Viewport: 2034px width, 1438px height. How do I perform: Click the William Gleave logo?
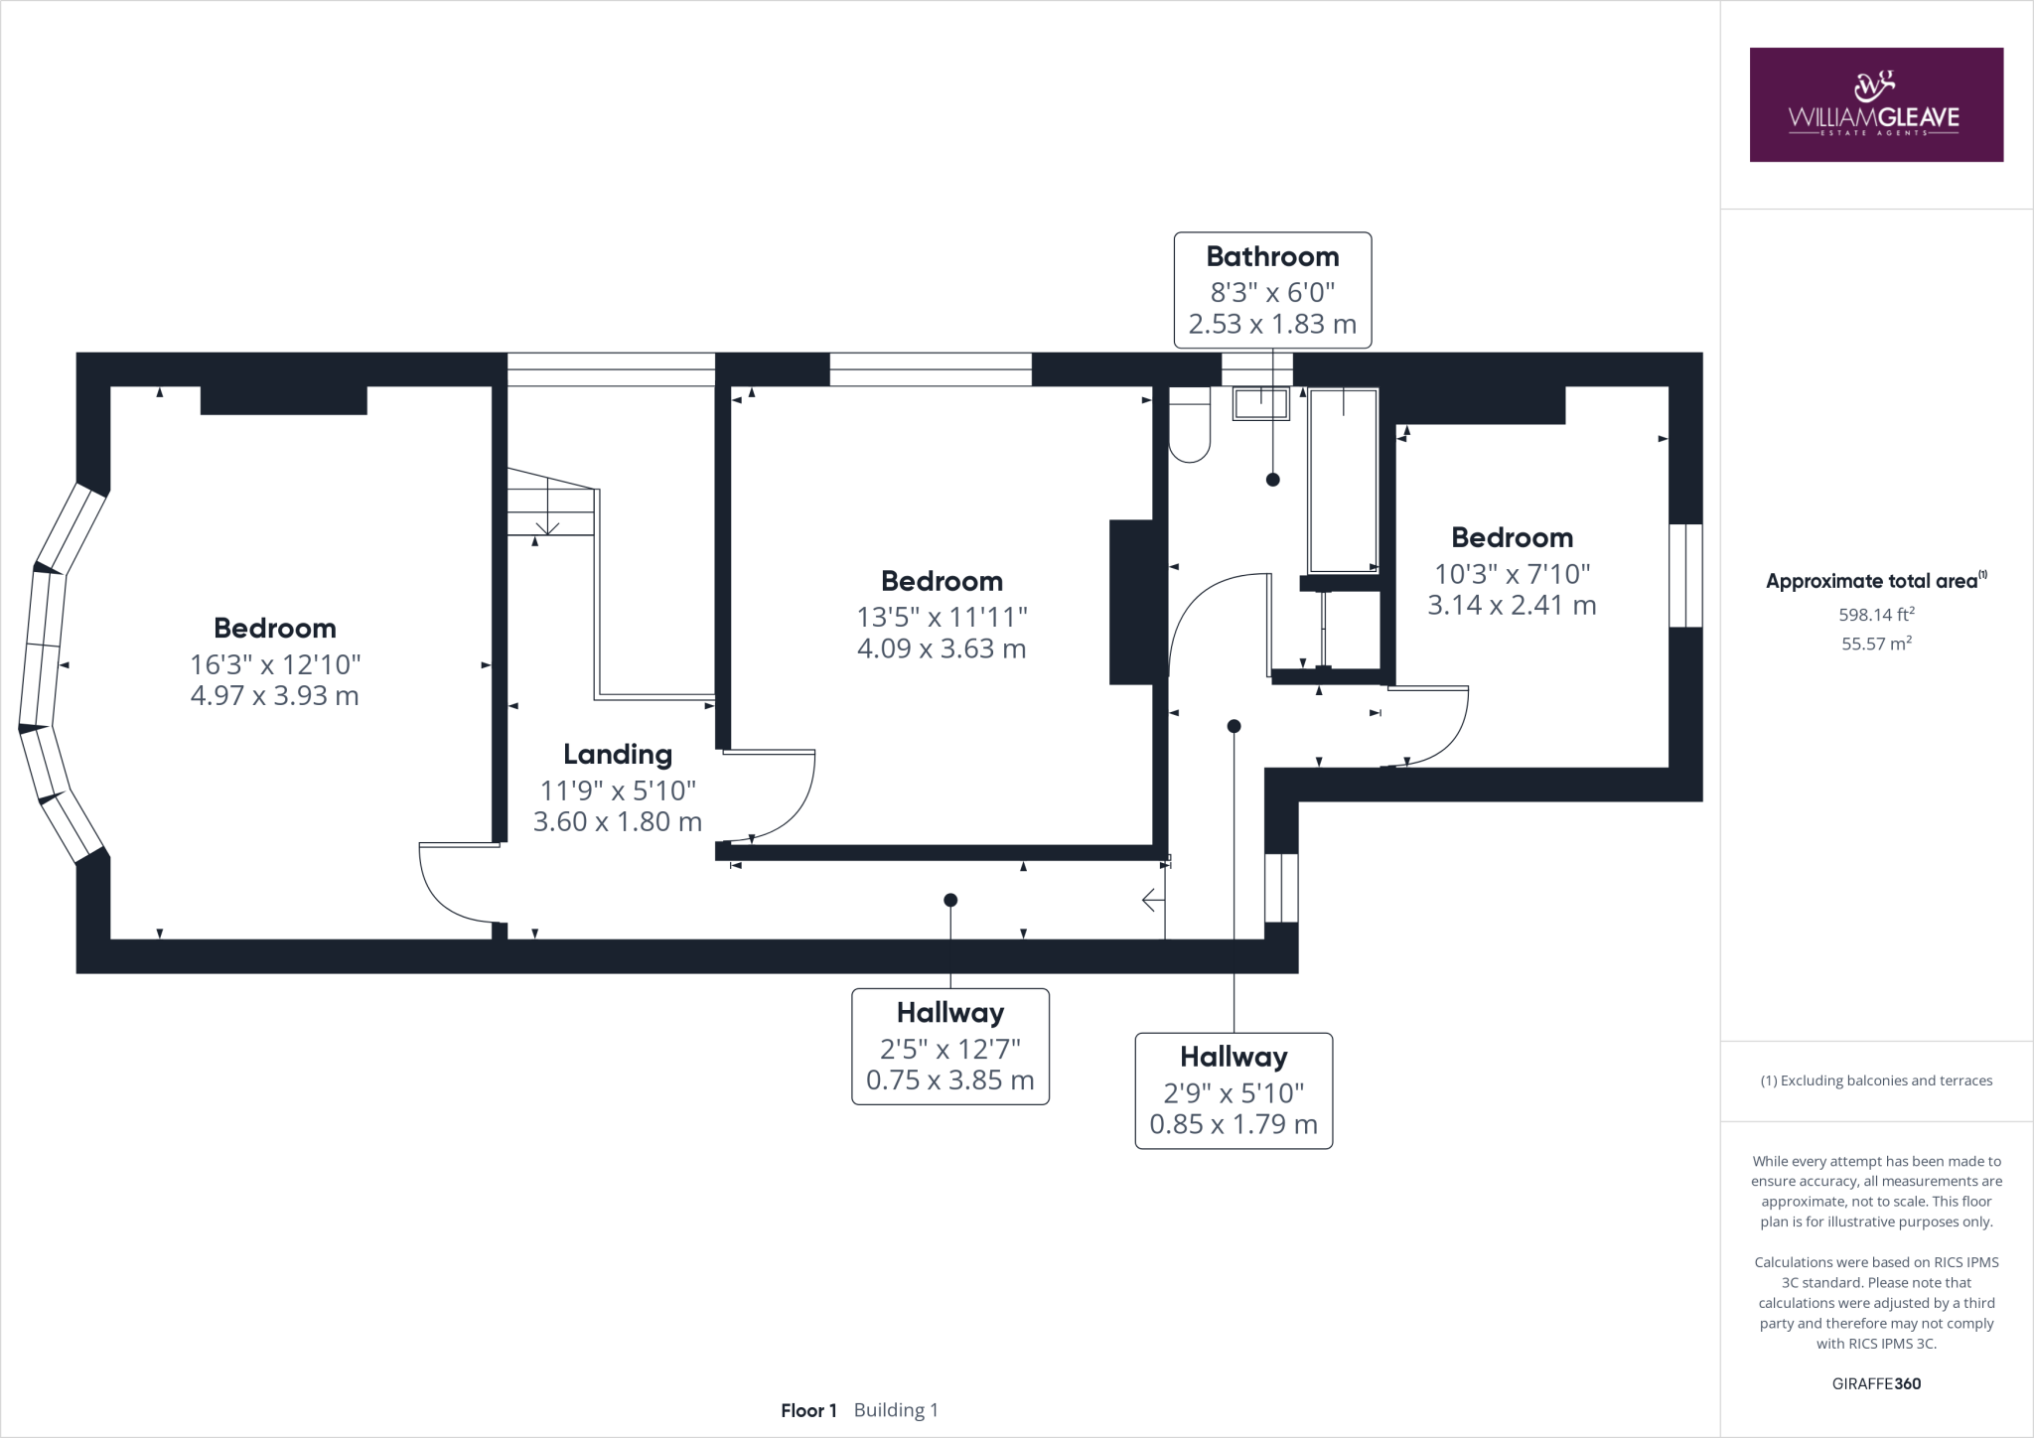pyautogui.click(x=1875, y=104)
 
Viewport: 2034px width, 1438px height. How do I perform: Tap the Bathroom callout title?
pyautogui.click(x=1271, y=256)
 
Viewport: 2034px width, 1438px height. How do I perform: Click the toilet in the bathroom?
pyautogui.click(x=1190, y=427)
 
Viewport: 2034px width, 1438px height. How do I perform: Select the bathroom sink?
pyautogui.click(x=1260, y=404)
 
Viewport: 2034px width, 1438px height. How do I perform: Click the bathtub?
pyautogui.click(x=1343, y=480)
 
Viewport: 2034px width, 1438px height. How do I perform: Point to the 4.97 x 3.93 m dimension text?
pyautogui.click(x=274, y=695)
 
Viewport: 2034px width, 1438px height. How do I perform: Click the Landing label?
pyautogui.click(x=617, y=754)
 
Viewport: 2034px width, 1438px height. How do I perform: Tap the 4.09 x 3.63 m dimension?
pyautogui.click(x=941, y=648)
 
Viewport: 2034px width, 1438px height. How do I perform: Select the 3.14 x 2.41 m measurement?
pyautogui.click(x=1511, y=605)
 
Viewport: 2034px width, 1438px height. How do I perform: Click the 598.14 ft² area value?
pyautogui.click(x=1875, y=615)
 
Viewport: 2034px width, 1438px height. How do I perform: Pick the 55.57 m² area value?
pyautogui.click(x=1875, y=644)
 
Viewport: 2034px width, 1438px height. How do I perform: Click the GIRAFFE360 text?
pyautogui.click(x=1875, y=1383)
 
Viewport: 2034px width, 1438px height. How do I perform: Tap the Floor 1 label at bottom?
pyautogui.click(x=808, y=1410)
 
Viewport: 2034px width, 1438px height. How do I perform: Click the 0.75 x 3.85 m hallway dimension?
pyautogui.click(x=949, y=1079)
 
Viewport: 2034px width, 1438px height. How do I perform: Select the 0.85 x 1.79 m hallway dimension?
pyautogui.click(x=1233, y=1124)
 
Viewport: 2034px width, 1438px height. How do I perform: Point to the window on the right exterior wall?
pyautogui.click(x=1684, y=575)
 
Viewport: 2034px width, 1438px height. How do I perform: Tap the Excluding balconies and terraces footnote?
pyautogui.click(x=1875, y=1080)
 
